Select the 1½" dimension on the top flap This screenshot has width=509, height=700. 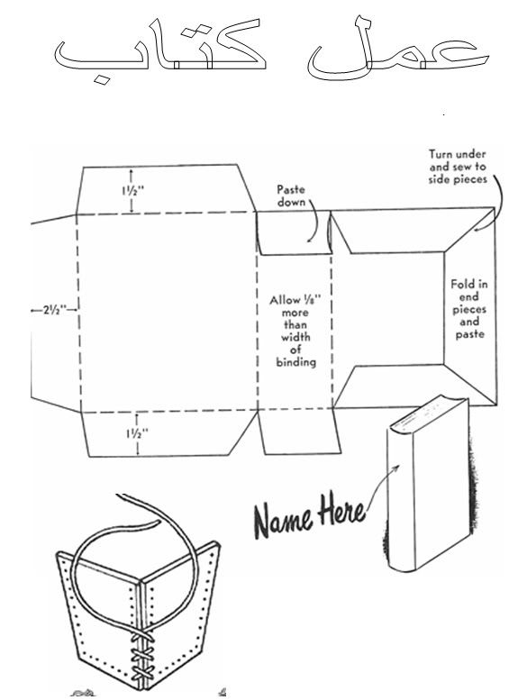click(132, 191)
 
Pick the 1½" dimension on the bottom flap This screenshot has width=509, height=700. click(137, 433)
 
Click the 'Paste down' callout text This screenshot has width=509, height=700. click(291, 195)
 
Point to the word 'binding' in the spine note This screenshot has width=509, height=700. click(295, 361)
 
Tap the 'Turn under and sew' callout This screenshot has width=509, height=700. click(458, 167)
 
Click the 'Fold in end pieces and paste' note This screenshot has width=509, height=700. click(468, 309)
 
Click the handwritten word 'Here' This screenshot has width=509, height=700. click(341, 509)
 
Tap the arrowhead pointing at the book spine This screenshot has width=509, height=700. click(395, 468)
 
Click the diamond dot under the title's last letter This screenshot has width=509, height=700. click(102, 80)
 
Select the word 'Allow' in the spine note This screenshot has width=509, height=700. click(283, 300)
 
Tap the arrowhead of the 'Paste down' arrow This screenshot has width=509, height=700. click(309, 241)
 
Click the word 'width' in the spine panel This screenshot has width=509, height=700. click(295, 337)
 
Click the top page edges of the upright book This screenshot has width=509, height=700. click(428, 410)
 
